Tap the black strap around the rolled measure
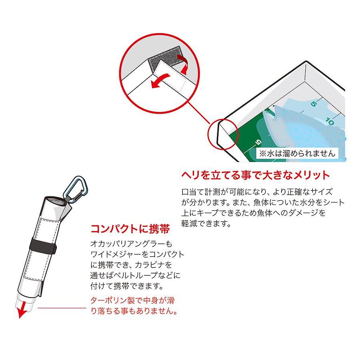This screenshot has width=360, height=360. (x=43, y=246)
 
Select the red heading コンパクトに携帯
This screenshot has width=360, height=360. (x=130, y=229)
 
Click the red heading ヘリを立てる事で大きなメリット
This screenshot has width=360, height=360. (x=255, y=175)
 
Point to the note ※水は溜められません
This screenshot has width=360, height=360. (x=297, y=153)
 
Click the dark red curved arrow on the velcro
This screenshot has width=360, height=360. (x=183, y=63)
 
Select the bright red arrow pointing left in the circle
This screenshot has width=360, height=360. (x=161, y=81)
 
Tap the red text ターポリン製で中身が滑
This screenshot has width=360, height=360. (x=132, y=300)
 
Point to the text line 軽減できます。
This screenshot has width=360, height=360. (x=206, y=223)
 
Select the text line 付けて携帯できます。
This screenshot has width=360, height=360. (x=127, y=286)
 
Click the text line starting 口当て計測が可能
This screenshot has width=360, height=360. (x=257, y=192)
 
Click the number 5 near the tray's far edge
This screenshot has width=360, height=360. (x=314, y=104)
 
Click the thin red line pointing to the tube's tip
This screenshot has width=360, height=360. (x=62, y=308)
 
